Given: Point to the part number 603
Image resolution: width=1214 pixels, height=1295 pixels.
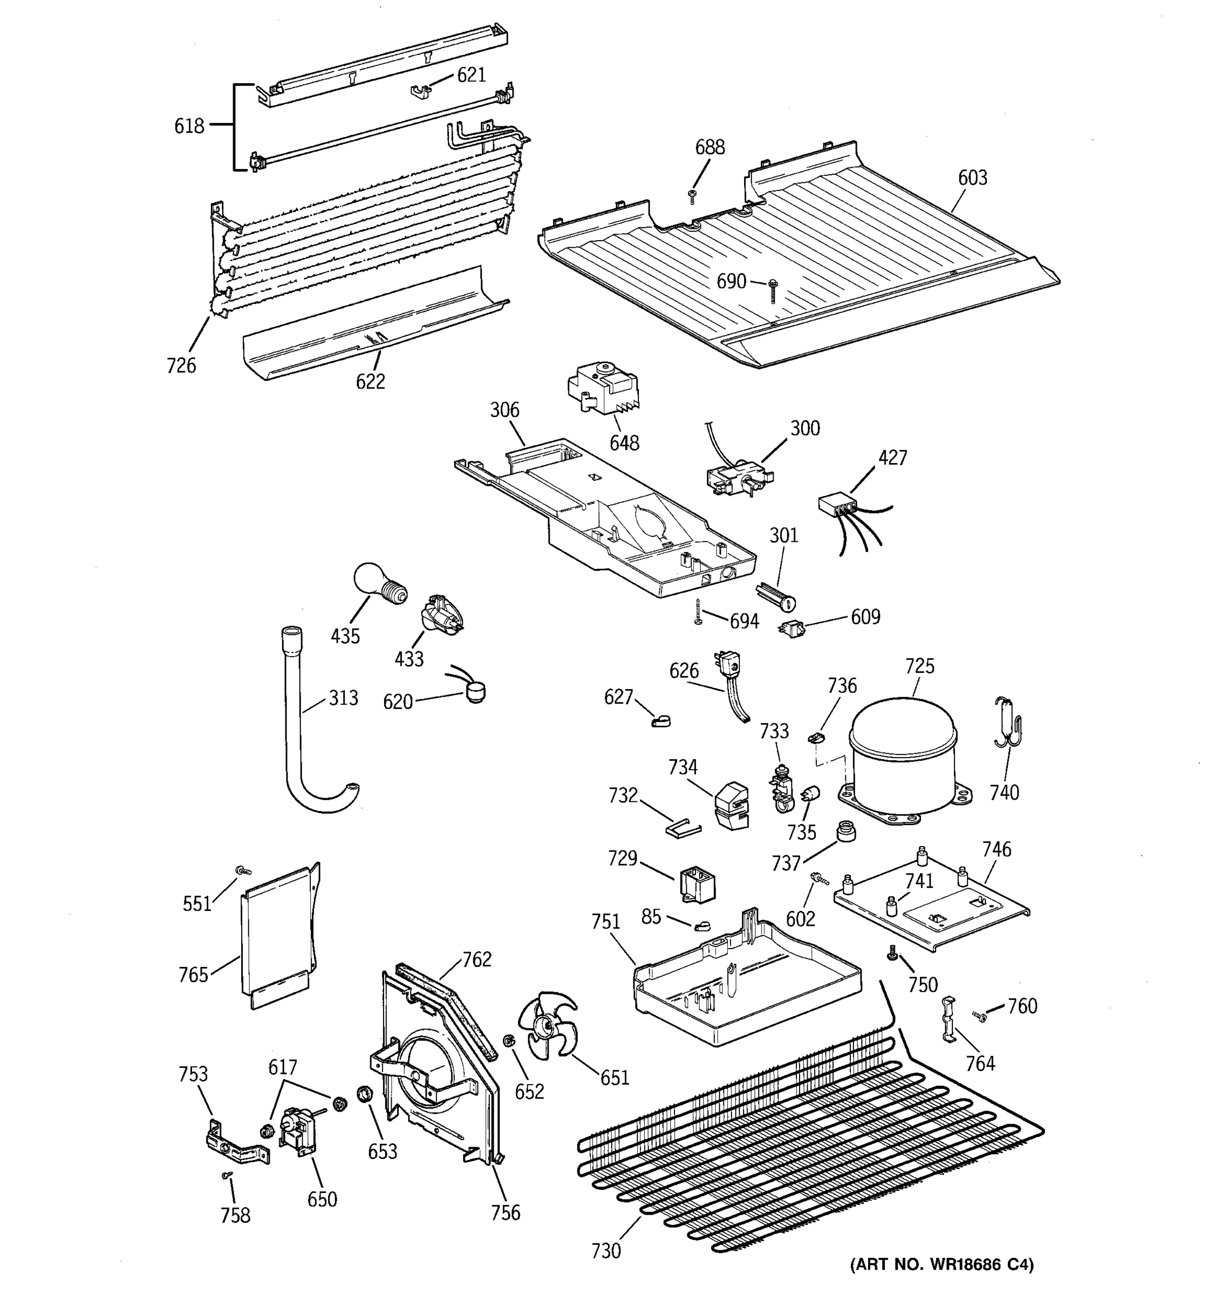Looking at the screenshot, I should (972, 178).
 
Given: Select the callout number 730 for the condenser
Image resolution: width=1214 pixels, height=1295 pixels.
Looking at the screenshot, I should (606, 1251).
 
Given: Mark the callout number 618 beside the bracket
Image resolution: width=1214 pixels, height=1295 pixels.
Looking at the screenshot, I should (189, 126).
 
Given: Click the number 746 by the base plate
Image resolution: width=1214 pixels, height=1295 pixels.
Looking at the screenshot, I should (997, 849).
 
